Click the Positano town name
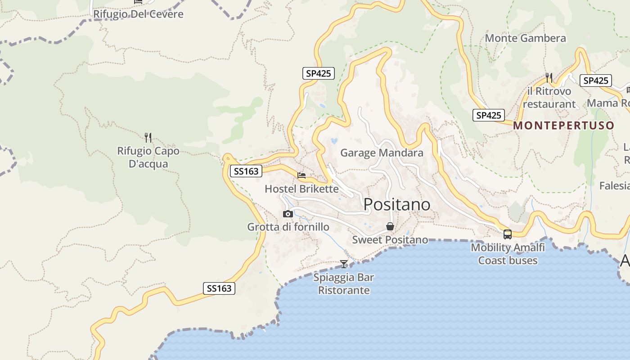tap(396, 205)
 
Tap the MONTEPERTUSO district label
tap(563, 126)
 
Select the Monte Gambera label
tap(525, 38)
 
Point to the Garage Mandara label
tap(382, 153)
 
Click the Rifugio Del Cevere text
tap(138, 14)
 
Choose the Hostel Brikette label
tap(301, 189)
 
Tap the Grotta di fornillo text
tap(288, 227)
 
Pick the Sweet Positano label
tap(390, 240)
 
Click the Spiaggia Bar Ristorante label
tap(344, 284)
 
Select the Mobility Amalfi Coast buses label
tap(508, 254)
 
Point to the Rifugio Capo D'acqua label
tap(148, 157)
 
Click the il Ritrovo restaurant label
tap(549, 98)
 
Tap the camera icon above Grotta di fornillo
tap(288, 214)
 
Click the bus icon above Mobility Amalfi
tap(508, 234)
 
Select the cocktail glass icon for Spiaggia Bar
tap(344, 264)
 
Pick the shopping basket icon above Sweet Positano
tap(390, 226)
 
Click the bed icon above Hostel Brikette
tap(301, 175)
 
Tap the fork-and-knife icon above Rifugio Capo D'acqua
tap(148, 137)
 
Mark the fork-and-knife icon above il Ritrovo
tap(549, 78)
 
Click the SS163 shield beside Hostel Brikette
tap(246, 171)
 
